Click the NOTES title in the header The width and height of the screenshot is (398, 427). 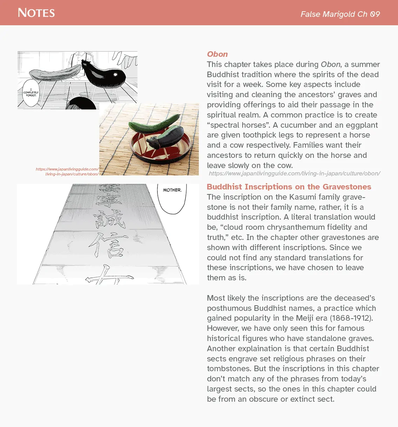pyautogui.click(x=36, y=13)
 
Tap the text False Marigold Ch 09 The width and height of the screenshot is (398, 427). pyautogui.click(x=340, y=14)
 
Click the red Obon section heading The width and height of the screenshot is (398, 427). pyautogui.click(x=217, y=54)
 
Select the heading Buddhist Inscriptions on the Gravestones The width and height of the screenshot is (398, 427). pyautogui.click(x=289, y=187)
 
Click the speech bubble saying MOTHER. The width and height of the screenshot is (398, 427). pyautogui.click(x=172, y=196)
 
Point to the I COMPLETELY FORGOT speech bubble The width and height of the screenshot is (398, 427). pyautogui.click(x=31, y=93)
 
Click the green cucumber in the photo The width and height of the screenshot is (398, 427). pyautogui.click(x=154, y=122)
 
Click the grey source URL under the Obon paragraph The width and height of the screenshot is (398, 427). pyautogui.click(x=294, y=173)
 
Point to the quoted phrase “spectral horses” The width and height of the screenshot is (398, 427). pyautogui.click(x=237, y=125)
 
